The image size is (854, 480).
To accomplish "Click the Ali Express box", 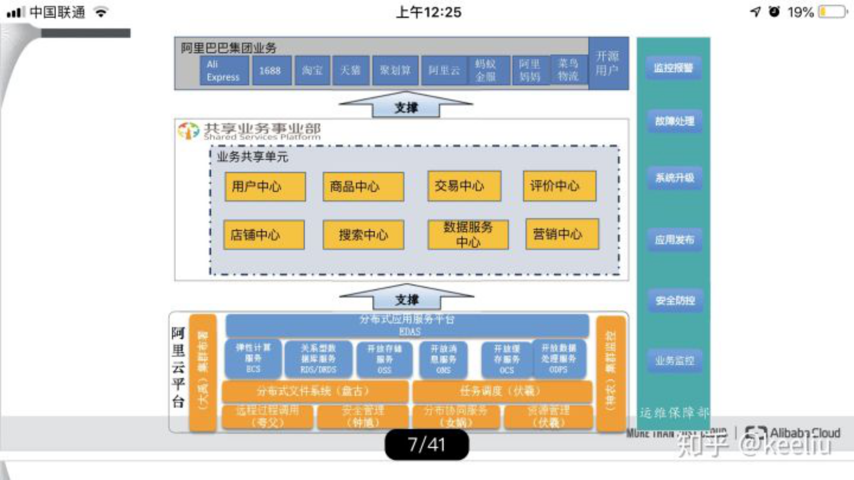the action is click(224, 70).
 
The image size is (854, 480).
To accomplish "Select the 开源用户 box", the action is click(608, 63).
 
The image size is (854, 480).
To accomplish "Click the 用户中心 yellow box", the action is click(265, 187).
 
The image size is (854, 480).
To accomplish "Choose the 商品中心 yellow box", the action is click(363, 187).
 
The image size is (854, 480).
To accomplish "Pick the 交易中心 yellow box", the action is click(464, 186).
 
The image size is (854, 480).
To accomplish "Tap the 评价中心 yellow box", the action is click(559, 186).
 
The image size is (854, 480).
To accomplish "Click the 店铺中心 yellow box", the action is click(264, 235).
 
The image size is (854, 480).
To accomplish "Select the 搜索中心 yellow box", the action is click(363, 235).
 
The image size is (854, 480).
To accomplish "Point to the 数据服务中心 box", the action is click(468, 234).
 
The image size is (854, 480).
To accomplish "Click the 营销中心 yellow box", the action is click(562, 234).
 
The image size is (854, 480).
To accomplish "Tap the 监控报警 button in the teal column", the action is click(673, 68).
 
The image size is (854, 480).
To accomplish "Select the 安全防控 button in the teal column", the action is click(675, 300).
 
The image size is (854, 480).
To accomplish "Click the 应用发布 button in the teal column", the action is click(674, 240).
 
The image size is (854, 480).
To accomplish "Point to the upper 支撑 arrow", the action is click(406, 106).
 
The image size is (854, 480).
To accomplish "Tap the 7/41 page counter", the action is click(427, 444).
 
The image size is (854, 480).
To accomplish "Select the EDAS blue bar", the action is click(407, 325).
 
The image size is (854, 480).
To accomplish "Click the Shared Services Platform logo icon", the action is click(188, 131).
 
